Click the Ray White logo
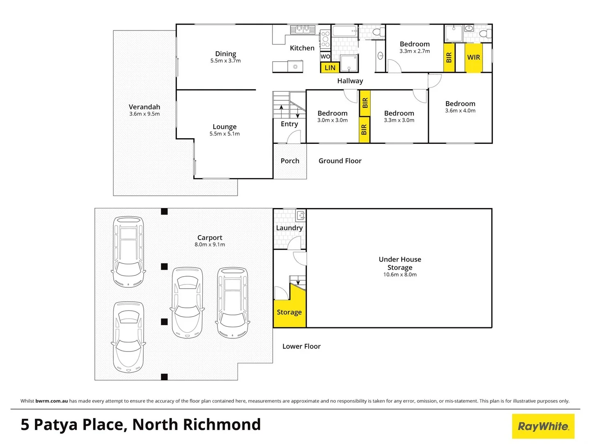click(x=543, y=426)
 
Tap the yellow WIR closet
click(x=473, y=58)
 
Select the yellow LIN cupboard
click(x=330, y=68)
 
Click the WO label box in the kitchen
click(x=325, y=56)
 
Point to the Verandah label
click(x=144, y=107)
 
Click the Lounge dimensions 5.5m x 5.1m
click(x=224, y=134)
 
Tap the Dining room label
click(x=225, y=54)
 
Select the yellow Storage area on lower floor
click(x=289, y=312)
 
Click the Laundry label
click(x=289, y=228)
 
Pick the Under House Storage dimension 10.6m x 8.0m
click(x=400, y=275)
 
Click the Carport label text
click(x=210, y=238)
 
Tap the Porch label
click(x=290, y=161)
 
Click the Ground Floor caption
click(x=340, y=161)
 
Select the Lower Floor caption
click(x=301, y=347)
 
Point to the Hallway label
click(x=350, y=81)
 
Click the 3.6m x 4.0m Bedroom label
click(x=460, y=104)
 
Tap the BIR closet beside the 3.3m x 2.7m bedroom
click(x=449, y=58)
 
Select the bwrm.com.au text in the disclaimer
click(x=52, y=401)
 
